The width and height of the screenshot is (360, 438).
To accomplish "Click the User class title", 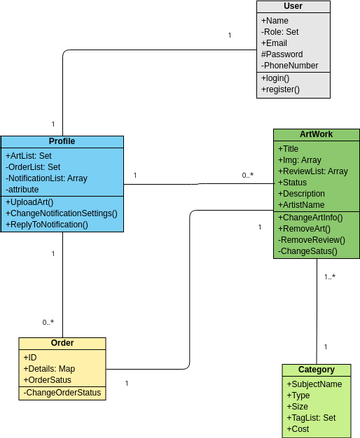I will [293, 6].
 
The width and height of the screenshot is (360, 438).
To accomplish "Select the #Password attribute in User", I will [284, 55].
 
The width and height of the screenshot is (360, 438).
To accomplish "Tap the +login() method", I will [276, 78].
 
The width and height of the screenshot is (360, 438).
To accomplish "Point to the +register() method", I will [280, 90].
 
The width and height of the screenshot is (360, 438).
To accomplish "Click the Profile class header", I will [62, 141].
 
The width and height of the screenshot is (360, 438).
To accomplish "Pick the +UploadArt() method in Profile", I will [30, 202].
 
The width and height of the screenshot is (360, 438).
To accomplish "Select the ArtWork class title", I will [316, 134].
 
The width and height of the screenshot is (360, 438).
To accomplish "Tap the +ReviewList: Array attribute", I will [313, 171].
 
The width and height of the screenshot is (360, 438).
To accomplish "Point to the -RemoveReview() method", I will [311, 240].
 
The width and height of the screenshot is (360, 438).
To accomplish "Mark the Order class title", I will [62, 343].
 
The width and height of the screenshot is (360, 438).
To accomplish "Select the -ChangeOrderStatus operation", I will [62, 393].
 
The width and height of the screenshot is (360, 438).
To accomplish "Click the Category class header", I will [316, 369].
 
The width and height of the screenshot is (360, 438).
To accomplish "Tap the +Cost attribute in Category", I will [298, 429].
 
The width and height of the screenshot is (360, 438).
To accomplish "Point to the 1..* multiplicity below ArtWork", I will [329, 277].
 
